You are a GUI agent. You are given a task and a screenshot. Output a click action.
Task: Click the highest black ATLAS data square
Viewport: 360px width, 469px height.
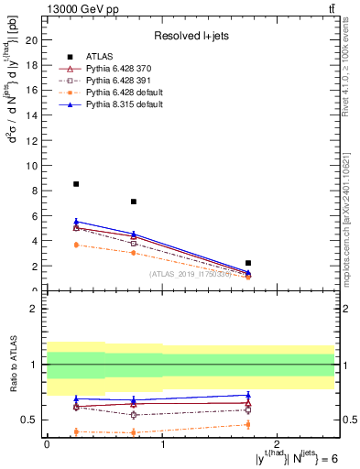point(76,184)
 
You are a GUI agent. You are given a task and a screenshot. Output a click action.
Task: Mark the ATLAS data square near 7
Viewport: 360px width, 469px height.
point(134,202)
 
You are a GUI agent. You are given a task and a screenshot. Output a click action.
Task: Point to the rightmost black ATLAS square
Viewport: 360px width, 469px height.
point(248,263)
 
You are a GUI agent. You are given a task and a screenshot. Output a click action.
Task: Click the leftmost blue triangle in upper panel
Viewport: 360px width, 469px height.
point(76,222)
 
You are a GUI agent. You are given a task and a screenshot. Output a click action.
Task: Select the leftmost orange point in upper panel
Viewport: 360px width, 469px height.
point(76,245)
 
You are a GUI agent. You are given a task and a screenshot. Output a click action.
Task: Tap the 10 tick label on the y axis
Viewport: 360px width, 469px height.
point(33,166)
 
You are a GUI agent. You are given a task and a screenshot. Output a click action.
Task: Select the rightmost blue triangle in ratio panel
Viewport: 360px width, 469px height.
point(248,395)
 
